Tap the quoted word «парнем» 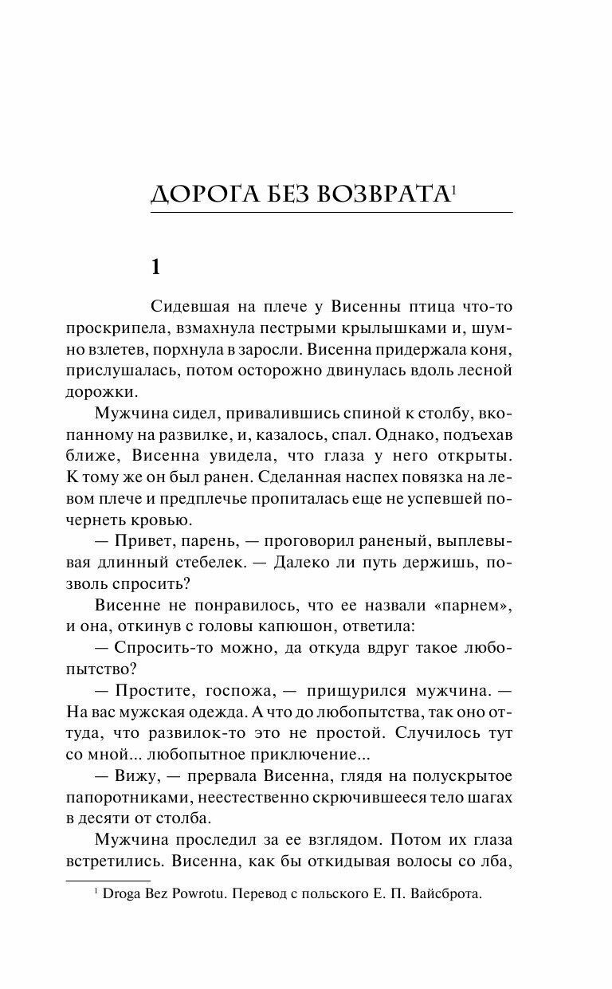coord(470,605)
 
